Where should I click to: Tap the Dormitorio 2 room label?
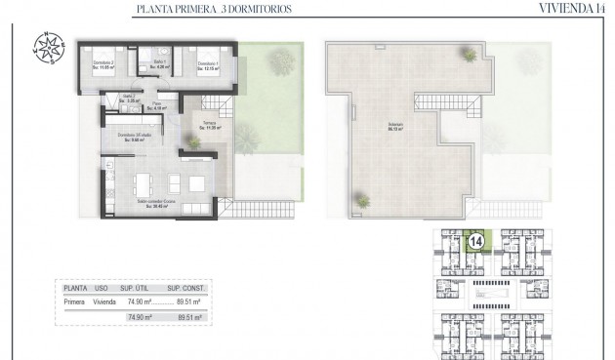tap(104, 64)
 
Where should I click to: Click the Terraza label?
tap(210, 125)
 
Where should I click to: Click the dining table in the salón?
tap(143, 182)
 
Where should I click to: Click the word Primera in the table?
tap(75, 303)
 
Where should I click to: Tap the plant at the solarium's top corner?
tap(475, 48)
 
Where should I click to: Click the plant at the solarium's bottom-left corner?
tap(362, 202)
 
